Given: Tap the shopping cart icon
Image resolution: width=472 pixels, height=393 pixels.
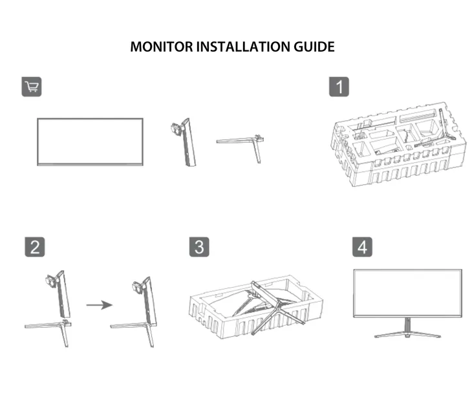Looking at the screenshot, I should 32,88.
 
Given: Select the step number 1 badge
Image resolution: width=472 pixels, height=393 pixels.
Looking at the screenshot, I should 339,87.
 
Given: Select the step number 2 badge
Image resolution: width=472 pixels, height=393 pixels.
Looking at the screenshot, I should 35,248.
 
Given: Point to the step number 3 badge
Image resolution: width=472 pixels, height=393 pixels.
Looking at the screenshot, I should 199,248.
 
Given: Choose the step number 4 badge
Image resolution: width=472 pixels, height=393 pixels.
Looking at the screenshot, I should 363,248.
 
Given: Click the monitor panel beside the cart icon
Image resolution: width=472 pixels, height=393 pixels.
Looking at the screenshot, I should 90,142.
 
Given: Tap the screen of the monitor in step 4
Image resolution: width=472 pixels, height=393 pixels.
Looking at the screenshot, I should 407,293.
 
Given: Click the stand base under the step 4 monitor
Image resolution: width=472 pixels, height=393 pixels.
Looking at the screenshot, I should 407,333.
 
